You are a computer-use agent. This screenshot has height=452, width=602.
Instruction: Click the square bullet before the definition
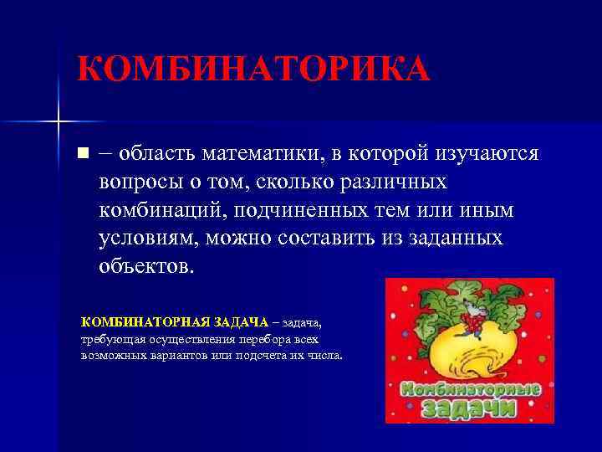click(x=81, y=155)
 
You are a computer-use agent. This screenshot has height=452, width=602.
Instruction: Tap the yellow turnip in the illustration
click(x=472, y=352)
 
